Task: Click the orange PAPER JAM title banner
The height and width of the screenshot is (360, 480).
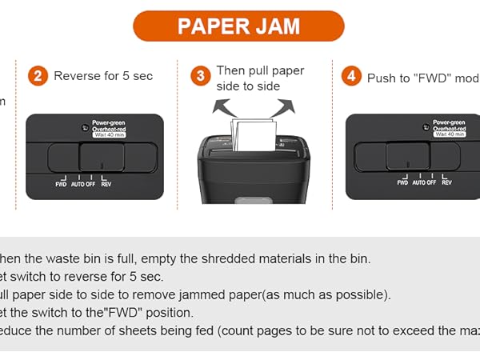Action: (x=238, y=26)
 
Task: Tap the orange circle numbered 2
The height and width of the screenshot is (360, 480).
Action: (x=37, y=76)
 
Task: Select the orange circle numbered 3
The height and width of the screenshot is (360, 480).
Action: (x=201, y=76)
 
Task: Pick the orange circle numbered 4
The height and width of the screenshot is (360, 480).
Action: (x=350, y=76)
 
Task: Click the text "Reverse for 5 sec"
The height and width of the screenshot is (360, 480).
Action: (x=103, y=77)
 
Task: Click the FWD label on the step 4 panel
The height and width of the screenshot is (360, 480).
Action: (x=402, y=182)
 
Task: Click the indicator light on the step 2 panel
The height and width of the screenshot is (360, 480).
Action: (x=84, y=128)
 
